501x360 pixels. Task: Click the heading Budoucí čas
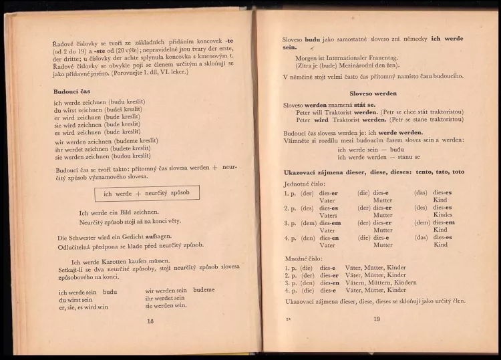(71, 91)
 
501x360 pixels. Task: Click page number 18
(150, 321)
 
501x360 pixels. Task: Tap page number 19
(376, 319)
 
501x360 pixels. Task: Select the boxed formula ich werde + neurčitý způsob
(146, 194)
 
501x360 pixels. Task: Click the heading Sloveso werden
(373, 94)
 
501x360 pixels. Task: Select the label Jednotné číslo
(305, 182)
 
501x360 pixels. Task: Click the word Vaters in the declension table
(328, 215)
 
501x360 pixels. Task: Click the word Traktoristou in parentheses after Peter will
(440, 112)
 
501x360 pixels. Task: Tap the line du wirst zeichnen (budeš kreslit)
(98, 109)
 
